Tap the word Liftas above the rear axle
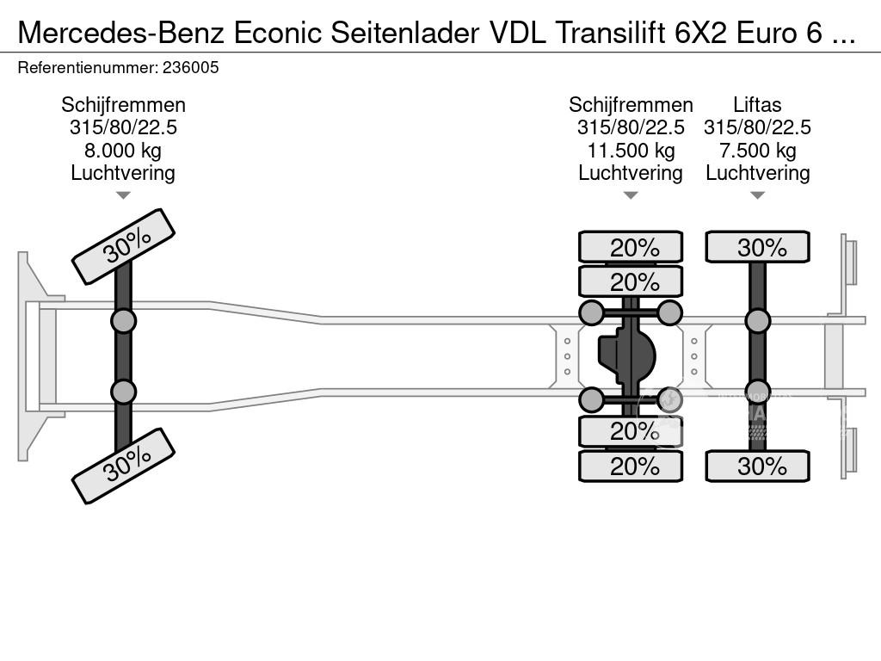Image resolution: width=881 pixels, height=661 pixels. pos(757,105)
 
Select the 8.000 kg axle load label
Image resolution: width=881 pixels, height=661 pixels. pos(123,151)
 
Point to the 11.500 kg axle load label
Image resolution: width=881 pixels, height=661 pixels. pos(631,151)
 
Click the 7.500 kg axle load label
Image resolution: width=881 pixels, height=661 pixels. pos(757,151)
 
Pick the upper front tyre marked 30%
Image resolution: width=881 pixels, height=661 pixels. pos(123,246)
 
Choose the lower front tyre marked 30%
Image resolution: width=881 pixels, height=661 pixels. pos(123,466)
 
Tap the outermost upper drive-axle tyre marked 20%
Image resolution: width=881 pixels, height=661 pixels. pos(631,247)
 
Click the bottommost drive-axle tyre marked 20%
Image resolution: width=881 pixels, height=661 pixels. pos(631,466)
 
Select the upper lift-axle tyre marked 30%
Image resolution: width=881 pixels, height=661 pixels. pos(757,247)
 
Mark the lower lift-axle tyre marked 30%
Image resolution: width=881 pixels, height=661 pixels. pos(757,466)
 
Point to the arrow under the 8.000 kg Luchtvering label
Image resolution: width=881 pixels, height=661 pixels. pos(123,195)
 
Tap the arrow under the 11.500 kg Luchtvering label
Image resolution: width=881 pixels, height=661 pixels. pos(631,195)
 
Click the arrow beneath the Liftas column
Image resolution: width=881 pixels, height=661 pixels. pos(757,195)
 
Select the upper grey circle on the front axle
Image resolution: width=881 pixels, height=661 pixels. pos(123,321)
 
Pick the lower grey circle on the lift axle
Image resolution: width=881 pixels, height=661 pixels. pos(757,392)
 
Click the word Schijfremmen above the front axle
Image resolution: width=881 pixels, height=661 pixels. pos(123,105)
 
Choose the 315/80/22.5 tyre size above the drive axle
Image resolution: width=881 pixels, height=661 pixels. pos(631,127)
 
